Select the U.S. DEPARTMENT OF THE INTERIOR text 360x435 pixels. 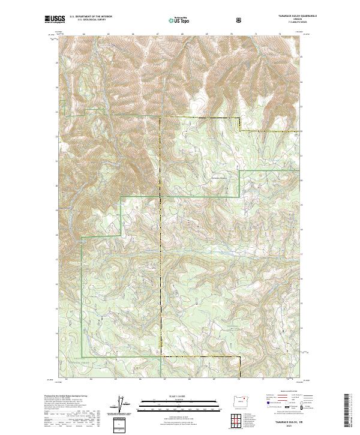pyautogui.click(x=91, y=17)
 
